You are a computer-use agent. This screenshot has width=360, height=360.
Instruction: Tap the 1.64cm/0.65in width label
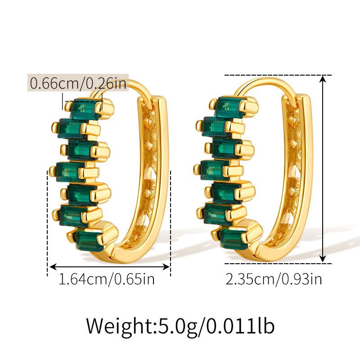point(107,279)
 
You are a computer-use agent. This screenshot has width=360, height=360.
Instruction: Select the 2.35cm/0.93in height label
point(274,279)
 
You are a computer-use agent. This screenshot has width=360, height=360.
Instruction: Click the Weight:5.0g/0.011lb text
point(180,325)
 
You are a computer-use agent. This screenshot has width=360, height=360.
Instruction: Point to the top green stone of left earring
point(85,108)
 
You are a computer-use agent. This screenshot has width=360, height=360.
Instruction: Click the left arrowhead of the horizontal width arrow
point(50,266)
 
